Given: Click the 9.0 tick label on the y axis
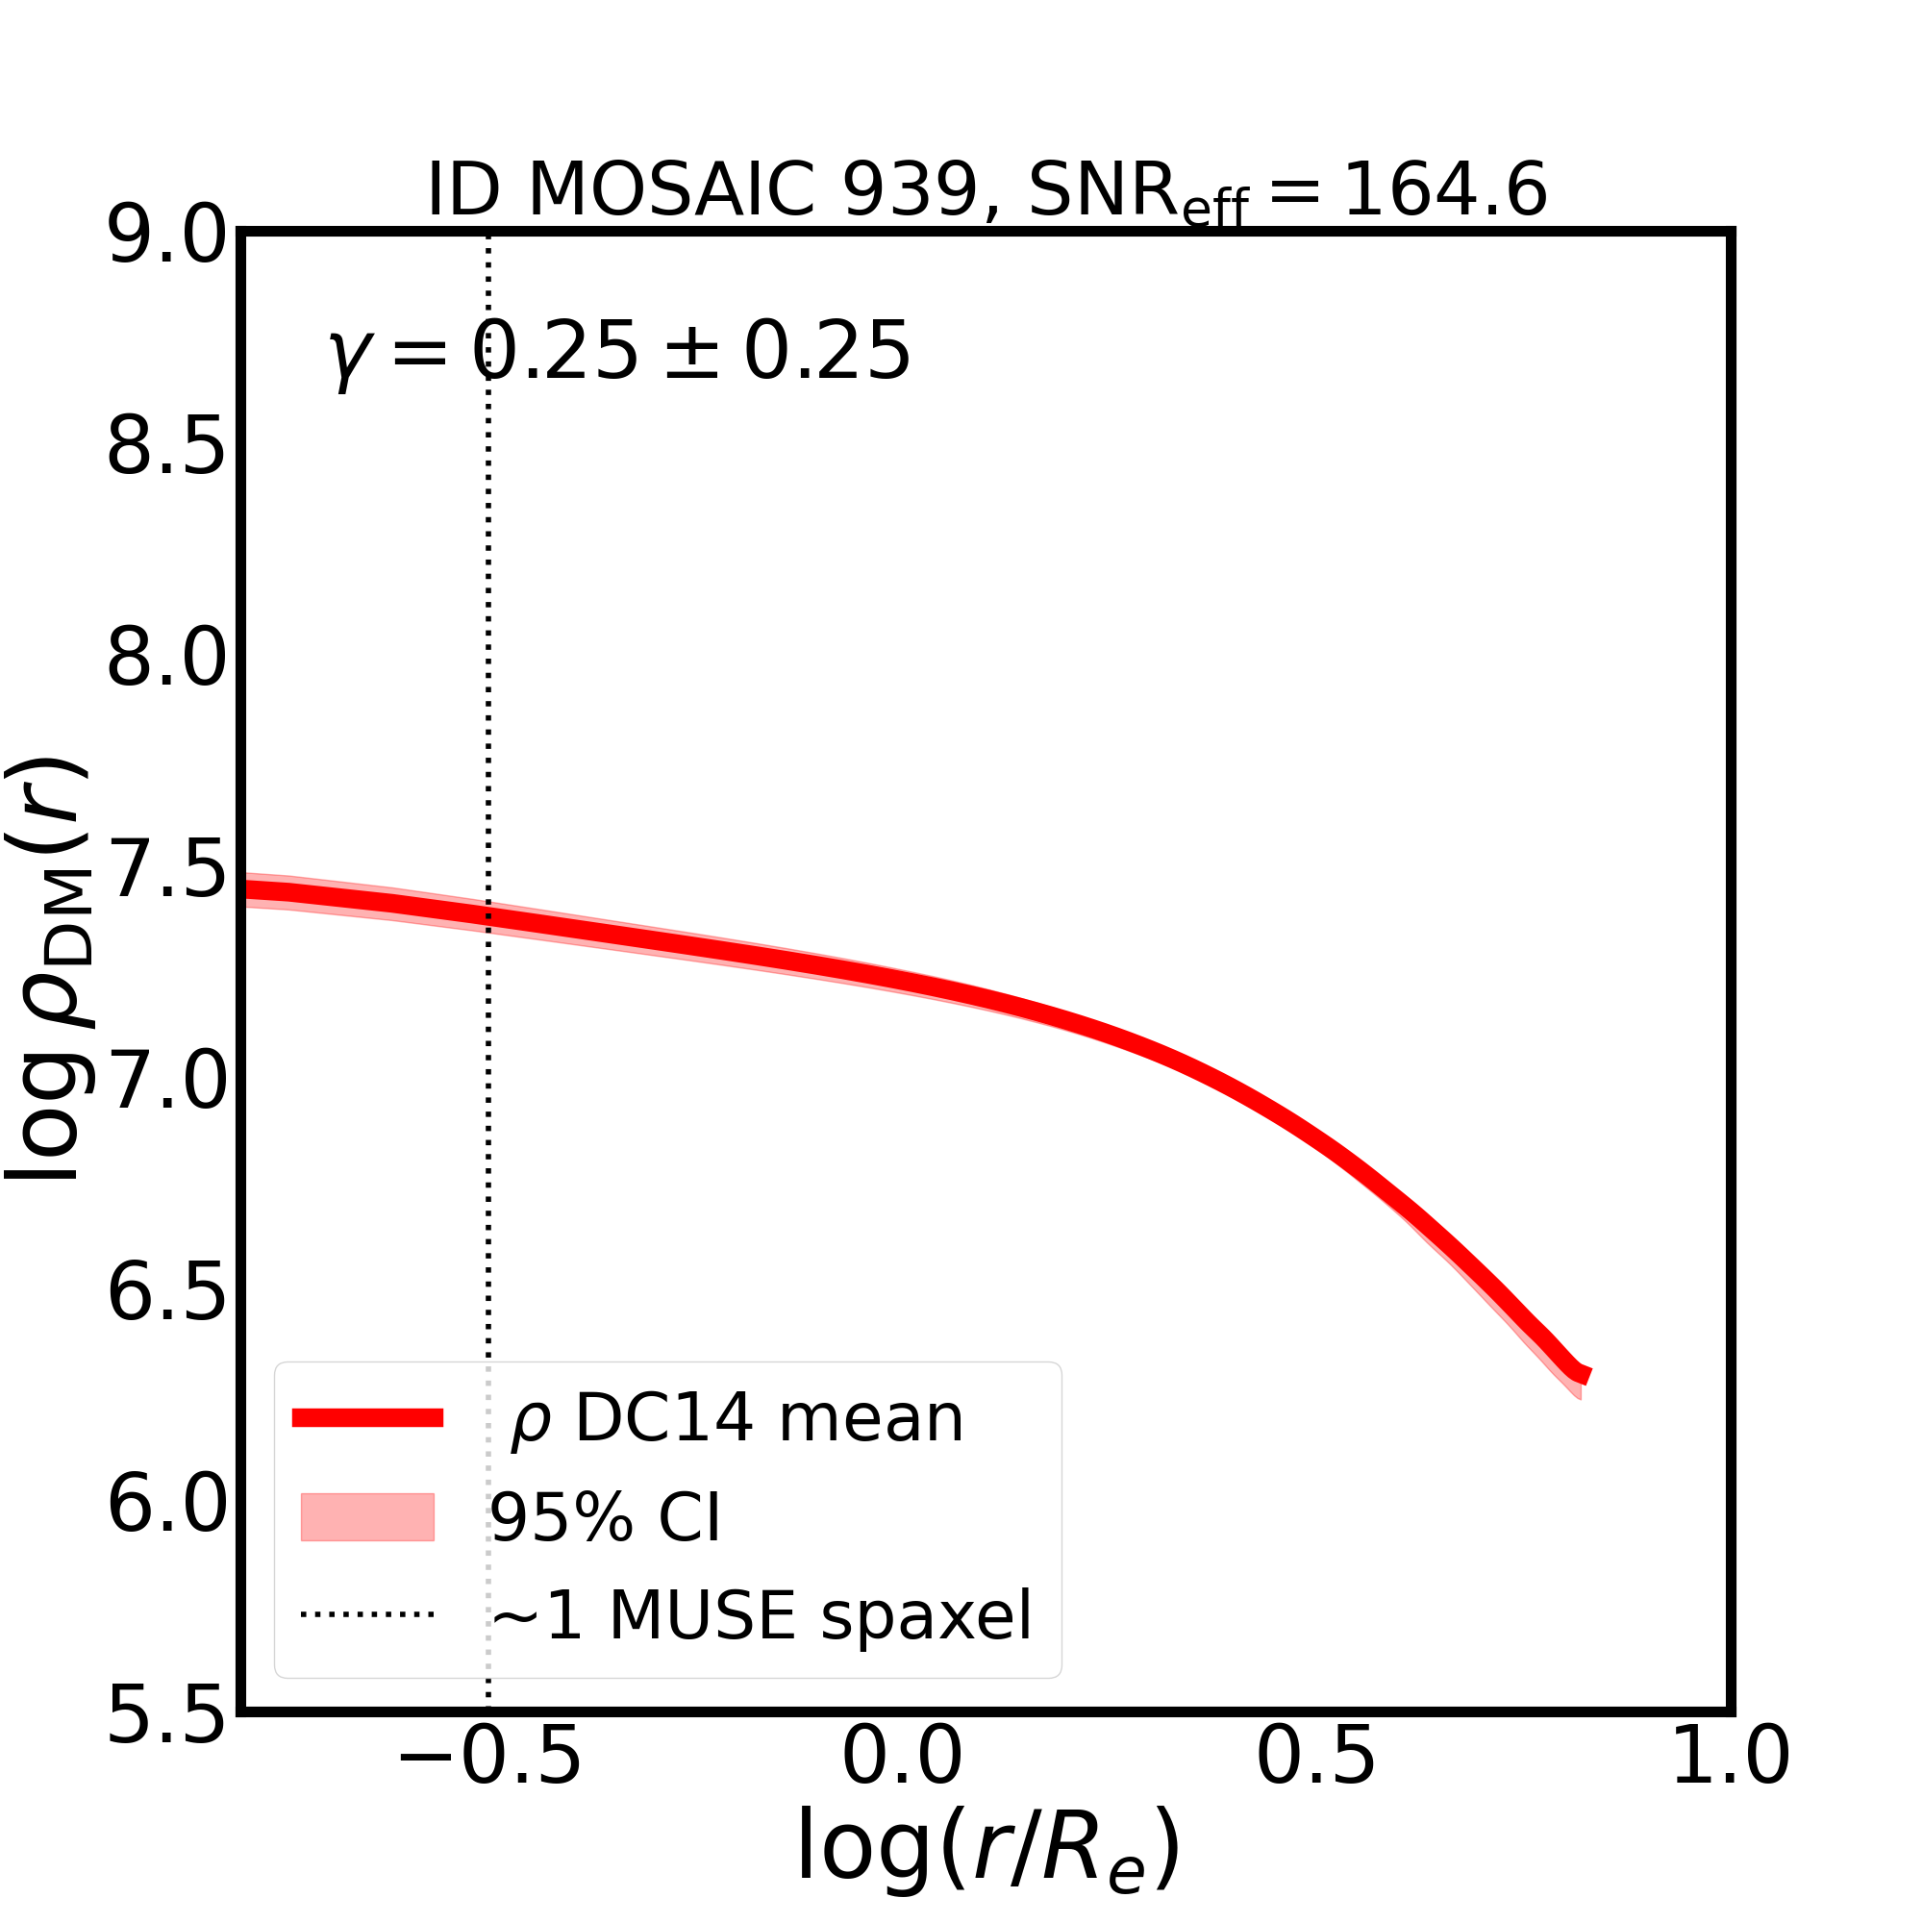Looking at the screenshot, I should coord(166,237).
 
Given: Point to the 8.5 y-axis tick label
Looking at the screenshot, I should coord(166,449).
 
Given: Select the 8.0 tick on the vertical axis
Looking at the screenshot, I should coord(166,660).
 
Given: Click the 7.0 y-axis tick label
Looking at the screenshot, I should coord(166,1083).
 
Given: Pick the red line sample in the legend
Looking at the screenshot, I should coord(367,1418).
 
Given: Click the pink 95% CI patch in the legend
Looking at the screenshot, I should coord(367,1517).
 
